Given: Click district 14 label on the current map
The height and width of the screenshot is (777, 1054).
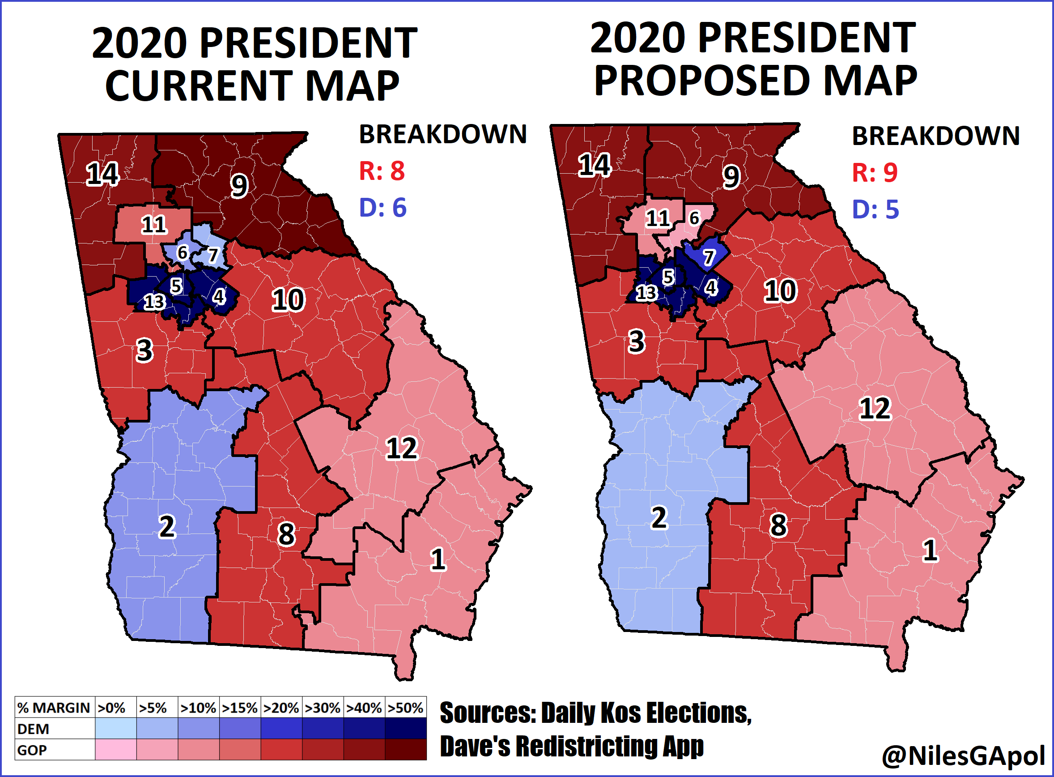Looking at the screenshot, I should (102, 174).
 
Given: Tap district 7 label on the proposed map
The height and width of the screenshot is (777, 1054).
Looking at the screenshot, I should (709, 257).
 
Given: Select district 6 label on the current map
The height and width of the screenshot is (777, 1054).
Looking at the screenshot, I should (183, 253).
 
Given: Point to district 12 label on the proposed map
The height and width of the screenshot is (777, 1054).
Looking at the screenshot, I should (875, 408).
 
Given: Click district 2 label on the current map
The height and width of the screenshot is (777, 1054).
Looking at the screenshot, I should (167, 527).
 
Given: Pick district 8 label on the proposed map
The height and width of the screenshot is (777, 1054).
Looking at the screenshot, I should (778, 525).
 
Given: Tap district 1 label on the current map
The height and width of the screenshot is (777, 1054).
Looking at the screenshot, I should (438, 559).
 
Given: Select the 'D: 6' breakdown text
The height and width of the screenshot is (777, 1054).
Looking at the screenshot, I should (382, 208).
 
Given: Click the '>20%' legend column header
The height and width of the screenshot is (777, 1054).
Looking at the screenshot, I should (281, 708).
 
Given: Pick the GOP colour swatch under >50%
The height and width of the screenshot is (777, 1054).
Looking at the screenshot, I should (406, 750).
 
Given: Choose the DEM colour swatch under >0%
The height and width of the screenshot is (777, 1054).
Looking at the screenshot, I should (116, 729).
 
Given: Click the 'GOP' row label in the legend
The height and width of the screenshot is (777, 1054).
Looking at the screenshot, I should (32, 750).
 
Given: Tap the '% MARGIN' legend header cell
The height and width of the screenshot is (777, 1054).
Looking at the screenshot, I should (54, 708).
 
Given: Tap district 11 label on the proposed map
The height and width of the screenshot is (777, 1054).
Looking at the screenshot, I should (657, 218).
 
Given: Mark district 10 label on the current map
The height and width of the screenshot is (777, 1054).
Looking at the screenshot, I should (288, 300).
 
